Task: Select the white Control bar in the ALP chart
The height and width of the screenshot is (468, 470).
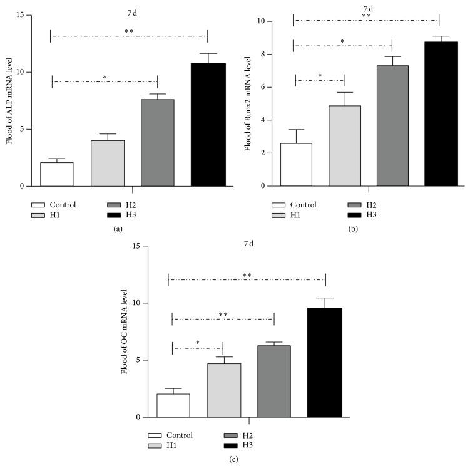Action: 57,174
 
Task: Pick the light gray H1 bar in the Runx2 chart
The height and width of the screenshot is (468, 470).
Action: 344,146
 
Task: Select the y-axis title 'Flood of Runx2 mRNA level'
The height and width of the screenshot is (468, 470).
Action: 248,103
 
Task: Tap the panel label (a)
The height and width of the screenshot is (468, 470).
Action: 117,230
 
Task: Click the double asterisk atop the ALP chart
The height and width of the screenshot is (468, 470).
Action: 129,31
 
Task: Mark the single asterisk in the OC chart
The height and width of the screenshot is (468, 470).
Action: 198,343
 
